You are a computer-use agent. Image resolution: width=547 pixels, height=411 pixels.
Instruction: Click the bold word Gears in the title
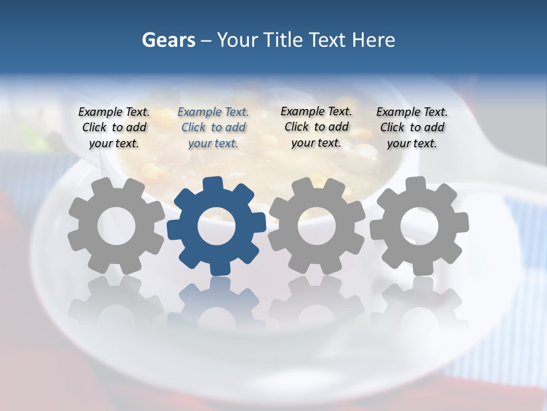tap(168, 40)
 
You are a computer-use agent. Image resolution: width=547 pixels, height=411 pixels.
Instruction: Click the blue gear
tap(217, 251)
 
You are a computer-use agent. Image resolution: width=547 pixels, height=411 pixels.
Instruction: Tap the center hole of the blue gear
tap(217, 227)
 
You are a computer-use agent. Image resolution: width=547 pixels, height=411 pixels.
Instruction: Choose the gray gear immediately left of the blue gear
tap(116, 251)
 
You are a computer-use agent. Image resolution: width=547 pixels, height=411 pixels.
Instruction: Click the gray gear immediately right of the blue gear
tap(316, 251)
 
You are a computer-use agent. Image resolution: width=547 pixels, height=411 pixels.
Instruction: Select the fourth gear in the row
tap(419, 251)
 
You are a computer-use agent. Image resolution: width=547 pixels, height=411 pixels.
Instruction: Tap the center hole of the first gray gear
tap(116, 226)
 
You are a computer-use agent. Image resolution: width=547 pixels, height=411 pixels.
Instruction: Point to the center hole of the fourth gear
tap(419, 225)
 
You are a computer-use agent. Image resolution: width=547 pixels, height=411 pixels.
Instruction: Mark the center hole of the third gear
tap(316, 225)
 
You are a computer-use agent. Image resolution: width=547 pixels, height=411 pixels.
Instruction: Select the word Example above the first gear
tap(99, 112)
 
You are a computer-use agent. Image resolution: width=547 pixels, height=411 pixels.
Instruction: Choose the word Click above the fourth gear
tap(392, 128)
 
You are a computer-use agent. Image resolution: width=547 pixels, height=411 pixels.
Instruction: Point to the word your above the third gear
tap(303, 143)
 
